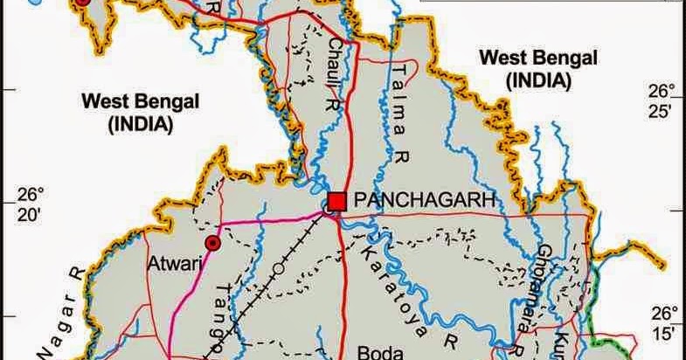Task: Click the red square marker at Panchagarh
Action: click(x=337, y=200)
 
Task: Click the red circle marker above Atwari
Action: click(x=212, y=242)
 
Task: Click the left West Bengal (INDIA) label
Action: click(x=141, y=112)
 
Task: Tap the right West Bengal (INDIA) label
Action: click(x=538, y=69)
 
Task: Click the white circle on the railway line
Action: click(x=278, y=267)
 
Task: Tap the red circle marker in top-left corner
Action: click(x=81, y=3)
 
